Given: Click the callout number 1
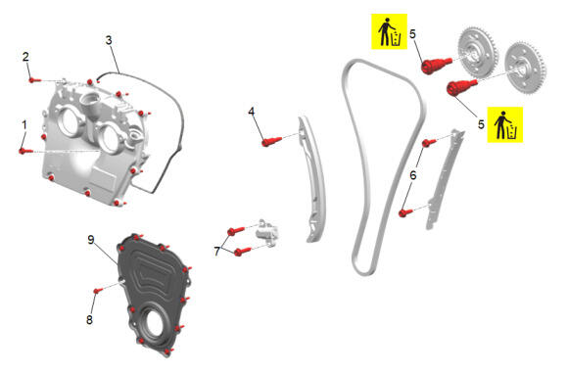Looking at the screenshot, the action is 24,125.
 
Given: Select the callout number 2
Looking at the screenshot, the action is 25,57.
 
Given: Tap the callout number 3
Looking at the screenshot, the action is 109,40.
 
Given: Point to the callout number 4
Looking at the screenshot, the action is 252,112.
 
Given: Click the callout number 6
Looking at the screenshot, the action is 413,175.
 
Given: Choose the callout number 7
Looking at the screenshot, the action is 217,251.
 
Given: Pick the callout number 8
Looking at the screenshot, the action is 89,320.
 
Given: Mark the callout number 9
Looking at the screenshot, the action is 91,240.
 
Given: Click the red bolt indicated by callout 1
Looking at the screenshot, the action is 25,151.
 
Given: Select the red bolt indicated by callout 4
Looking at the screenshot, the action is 271,141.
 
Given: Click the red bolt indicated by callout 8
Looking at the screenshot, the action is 98,291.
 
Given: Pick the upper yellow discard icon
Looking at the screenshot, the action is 390,31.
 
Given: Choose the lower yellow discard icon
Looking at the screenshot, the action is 505,124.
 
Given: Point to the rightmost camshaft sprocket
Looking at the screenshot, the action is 526,69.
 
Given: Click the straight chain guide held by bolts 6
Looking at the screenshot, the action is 445,179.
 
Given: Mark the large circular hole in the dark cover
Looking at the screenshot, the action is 151,325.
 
